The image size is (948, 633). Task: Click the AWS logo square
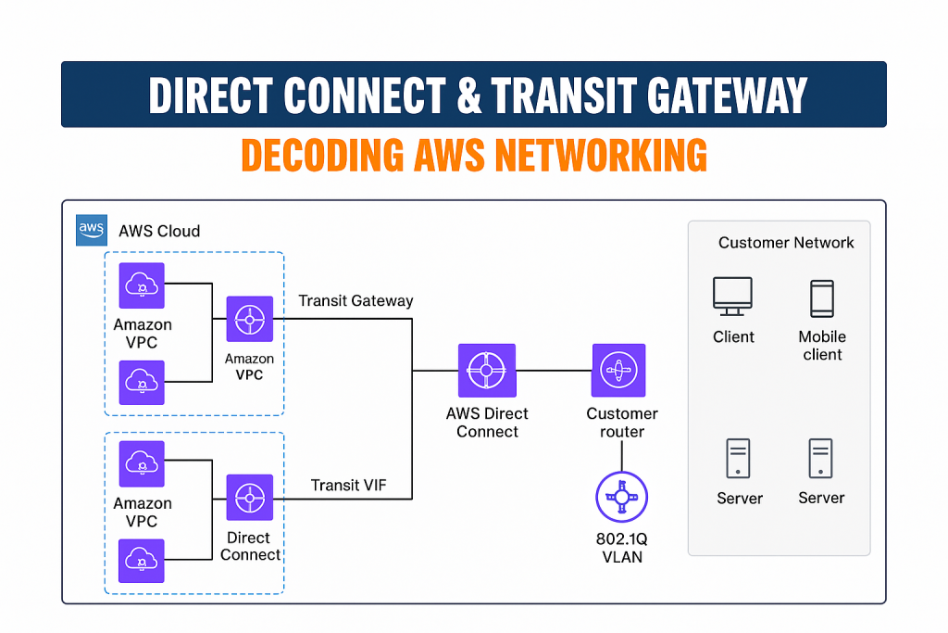(91, 230)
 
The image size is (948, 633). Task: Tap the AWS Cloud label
(159, 231)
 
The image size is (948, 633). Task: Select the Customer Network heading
(786, 243)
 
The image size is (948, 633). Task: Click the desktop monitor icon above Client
(733, 297)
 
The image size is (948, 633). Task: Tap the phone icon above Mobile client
(821, 298)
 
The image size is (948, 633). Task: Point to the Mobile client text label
(822, 346)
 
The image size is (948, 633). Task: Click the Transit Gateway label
(355, 301)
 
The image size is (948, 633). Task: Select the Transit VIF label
(349, 485)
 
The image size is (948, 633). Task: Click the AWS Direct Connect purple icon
(487, 371)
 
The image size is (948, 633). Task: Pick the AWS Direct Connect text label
(487, 423)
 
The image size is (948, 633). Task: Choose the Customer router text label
(622, 423)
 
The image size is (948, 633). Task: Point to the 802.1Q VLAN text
(620, 549)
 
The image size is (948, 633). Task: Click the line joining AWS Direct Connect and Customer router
(555, 371)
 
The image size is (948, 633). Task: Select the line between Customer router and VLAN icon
(621, 456)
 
